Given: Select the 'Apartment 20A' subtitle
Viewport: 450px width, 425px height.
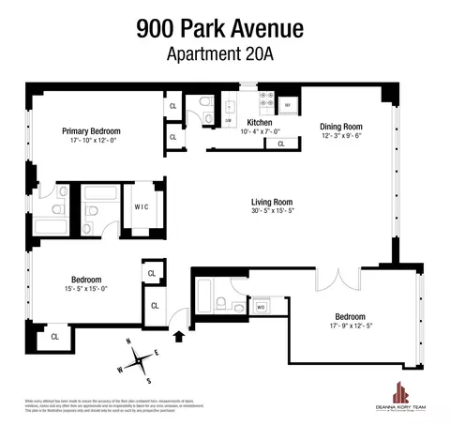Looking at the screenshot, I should (x=225, y=53).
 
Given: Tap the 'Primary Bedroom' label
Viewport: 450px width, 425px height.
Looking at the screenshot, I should (x=91, y=130).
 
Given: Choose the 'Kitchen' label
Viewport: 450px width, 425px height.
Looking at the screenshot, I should (x=260, y=123).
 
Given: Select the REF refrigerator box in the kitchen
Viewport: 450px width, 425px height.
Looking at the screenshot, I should (x=289, y=103).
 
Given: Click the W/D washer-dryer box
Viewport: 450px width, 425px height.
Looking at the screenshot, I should (x=262, y=305).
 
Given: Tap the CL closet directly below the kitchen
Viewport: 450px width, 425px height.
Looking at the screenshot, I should (x=281, y=144).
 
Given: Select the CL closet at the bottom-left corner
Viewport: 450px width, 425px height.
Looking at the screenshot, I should (x=54, y=336).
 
